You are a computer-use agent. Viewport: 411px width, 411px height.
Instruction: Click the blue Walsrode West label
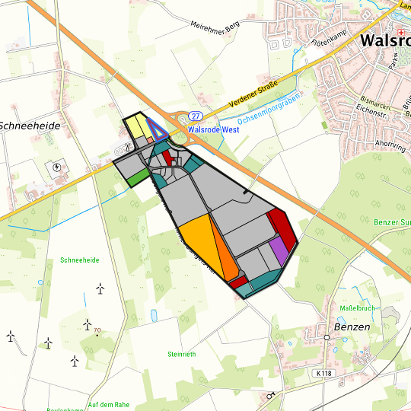[213, 129]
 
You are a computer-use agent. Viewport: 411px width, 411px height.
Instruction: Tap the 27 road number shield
[196, 116]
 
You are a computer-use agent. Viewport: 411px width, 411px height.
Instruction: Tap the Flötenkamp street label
[330, 46]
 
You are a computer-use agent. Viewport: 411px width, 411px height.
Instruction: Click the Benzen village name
[352, 327]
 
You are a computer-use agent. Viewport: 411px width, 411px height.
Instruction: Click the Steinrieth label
[183, 355]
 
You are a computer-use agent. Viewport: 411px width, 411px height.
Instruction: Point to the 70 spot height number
[97, 330]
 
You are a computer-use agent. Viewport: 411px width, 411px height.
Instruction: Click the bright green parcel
[138, 177]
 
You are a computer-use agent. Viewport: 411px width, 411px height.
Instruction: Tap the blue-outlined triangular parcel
[158, 131]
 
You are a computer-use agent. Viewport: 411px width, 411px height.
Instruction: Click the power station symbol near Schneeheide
[58, 166]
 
